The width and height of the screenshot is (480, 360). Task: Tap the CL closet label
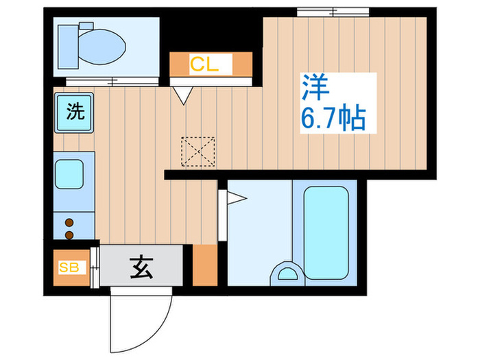pyautogui.click(x=204, y=65)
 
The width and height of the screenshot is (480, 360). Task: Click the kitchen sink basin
pyautogui.click(x=69, y=173)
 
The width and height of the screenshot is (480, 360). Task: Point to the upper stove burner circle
pyautogui.click(x=69, y=221)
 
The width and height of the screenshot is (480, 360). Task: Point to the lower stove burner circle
pyautogui.click(x=69, y=235)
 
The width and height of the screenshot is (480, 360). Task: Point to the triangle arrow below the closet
pyautogui.click(x=182, y=95)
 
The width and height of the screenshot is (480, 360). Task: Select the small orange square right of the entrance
pyautogui.click(x=204, y=265)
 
